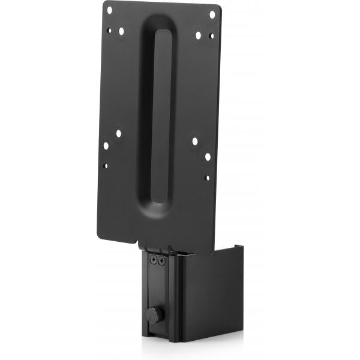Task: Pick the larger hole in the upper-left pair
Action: tap(121, 31)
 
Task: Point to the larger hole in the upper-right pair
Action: tap(198, 35)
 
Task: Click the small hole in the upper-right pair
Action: tap(211, 35)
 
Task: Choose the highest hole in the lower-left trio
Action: tap(118, 134)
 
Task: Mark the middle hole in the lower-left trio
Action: tap(106, 145)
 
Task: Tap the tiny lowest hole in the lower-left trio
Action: tap(106, 166)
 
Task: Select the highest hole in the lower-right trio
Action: tap(195, 142)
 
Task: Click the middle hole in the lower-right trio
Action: tap(207, 156)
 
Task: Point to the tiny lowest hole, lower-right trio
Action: tap(207, 178)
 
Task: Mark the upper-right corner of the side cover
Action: tap(241, 246)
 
